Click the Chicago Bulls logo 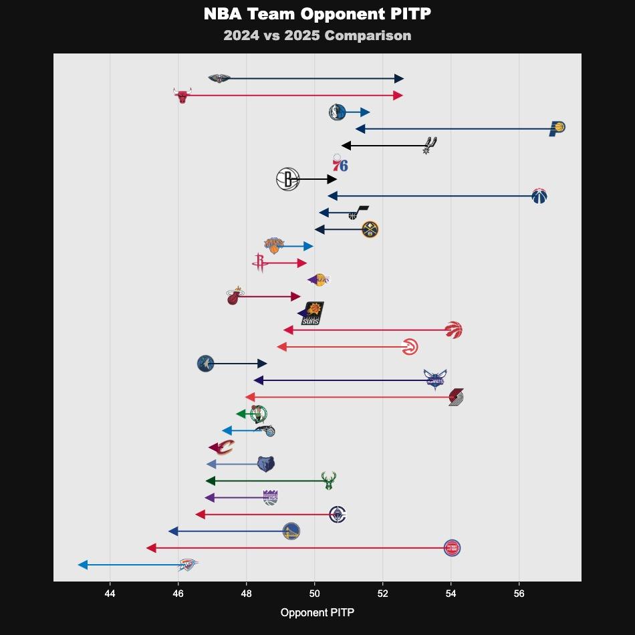[182, 96]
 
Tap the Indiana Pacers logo [557, 128]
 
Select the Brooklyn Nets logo [288, 179]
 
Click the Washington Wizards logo [539, 196]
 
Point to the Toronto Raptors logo [454, 330]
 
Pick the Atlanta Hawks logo [410, 347]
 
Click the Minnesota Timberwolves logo [206, 364]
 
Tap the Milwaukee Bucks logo [328, 481]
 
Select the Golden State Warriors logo [291, 531]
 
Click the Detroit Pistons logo [453, 548]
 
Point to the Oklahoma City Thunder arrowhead [83, 565]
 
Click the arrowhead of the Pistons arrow [151, 548]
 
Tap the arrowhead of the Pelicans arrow [399, 79]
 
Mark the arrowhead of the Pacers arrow [360, 128]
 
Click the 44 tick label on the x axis [110, 594]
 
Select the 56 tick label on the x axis [519, 594]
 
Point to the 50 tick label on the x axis [314, 594]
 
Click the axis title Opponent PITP [317, 612]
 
